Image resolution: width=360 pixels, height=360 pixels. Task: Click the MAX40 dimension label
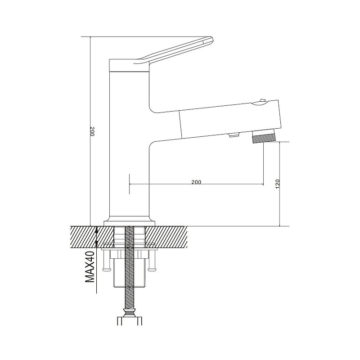point(90,267)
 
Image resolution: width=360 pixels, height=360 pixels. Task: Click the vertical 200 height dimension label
point(92,131)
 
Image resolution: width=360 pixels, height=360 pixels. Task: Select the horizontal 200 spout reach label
point(196,182)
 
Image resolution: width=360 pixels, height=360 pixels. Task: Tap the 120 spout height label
point(278,184)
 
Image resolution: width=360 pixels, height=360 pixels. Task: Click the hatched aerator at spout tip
point(263,139)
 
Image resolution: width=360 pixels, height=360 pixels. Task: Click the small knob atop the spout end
point(262,100)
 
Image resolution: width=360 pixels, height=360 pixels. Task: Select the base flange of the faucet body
point(130,223)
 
